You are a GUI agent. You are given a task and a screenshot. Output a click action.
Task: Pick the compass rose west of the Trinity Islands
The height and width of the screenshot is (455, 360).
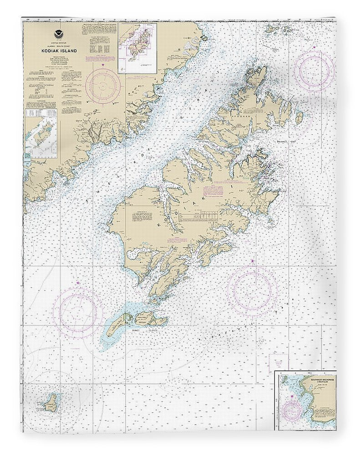pyautogui.click(x=78, y=309)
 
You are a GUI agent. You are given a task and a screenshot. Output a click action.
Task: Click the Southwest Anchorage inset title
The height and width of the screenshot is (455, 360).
pyautogui.click(x=319, y=380)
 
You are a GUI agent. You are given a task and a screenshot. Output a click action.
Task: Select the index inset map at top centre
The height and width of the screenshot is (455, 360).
pyautogui.click(x=137, y=48)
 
